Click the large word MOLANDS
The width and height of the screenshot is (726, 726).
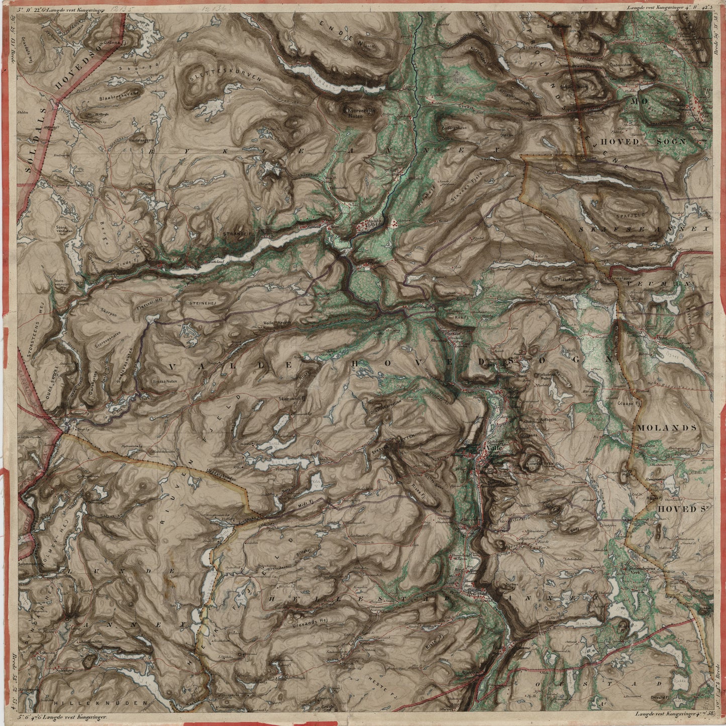coord(667,428)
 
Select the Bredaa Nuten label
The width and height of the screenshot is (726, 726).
coord(167,382)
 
